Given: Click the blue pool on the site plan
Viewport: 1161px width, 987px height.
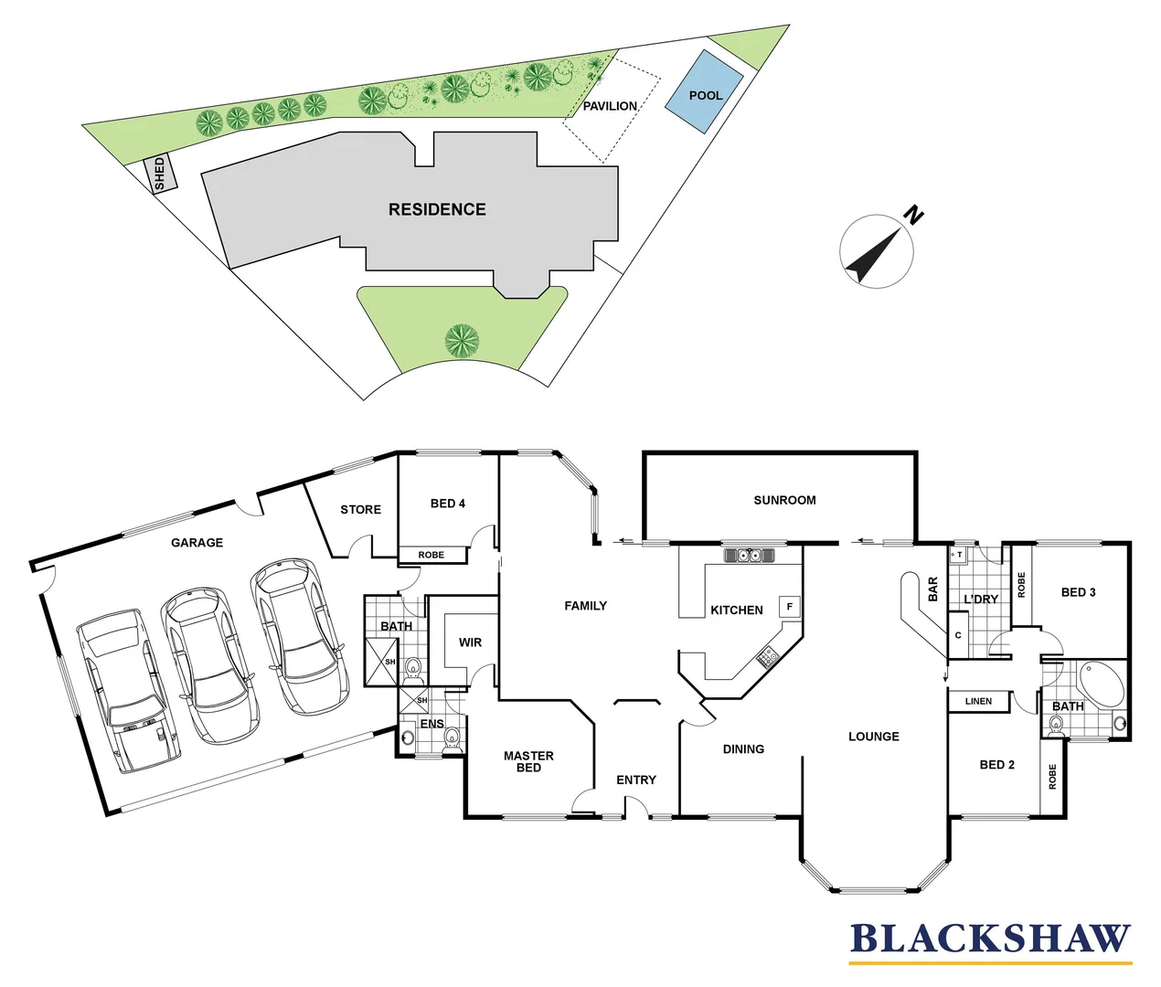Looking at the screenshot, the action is (x=704, y=91).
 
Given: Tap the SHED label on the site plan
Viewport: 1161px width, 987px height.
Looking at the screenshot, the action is (x=160, y=174).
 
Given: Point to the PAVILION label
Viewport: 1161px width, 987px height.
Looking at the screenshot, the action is (x=610, y=106).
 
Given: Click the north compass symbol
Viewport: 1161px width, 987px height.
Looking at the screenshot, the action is (x=877, y=251).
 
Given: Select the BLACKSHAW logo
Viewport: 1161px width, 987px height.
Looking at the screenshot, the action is (x=990, y=940).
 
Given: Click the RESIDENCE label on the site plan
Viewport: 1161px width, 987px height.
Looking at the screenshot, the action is (x=437, y=209).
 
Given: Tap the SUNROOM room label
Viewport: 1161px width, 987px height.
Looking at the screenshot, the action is (x=784, y=500).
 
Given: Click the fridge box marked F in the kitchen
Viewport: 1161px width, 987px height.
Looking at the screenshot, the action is (x=789, y=606).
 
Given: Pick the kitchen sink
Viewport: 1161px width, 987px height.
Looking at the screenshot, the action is (x=750, y=555).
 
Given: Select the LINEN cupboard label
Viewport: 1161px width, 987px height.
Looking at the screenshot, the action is (x=978, y=701).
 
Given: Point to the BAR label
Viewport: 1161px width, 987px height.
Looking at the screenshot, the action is (x=933, y=589).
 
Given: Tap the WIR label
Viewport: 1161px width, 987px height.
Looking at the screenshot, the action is (x=470, y=642).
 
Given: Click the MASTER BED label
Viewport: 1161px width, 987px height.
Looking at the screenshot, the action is (x=528, y=761).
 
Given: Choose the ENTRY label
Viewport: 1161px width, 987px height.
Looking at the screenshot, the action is (x=636, y=780).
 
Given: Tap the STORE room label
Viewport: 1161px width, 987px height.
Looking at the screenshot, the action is (x=360, y=509).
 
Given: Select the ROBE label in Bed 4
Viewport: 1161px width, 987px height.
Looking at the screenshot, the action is (x=431, y=555).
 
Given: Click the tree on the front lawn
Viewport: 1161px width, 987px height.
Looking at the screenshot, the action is (x=462, y=341).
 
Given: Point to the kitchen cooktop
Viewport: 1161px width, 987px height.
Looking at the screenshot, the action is (x=768, y=655).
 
